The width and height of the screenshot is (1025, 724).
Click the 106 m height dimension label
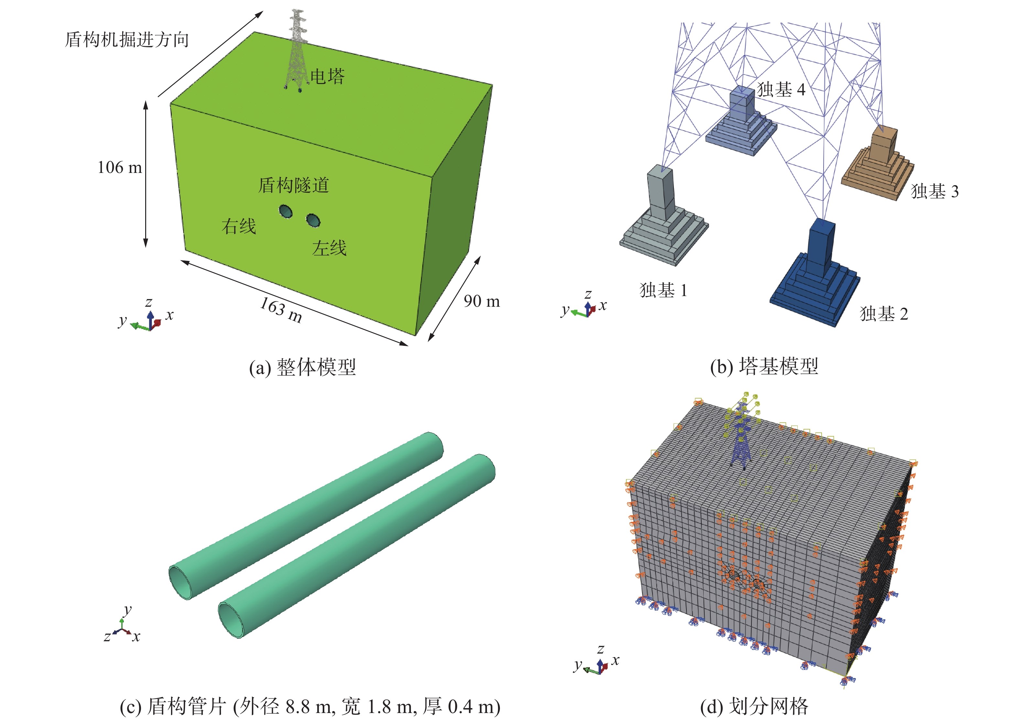click(x=120, y=168)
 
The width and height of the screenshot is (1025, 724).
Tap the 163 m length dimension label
click(x=281, y=310)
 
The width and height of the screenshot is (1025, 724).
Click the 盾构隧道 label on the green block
click(x=294, y=185)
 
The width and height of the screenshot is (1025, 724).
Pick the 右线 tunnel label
click(x=239, y=226)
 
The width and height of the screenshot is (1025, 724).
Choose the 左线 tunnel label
click(x=329, y=248)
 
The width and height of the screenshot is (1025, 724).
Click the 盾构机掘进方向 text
click(x=127, y=39)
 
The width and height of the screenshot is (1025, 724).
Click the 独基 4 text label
click(x=781, y=90)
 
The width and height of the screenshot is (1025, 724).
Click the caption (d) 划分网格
click(x=754, y=707)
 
